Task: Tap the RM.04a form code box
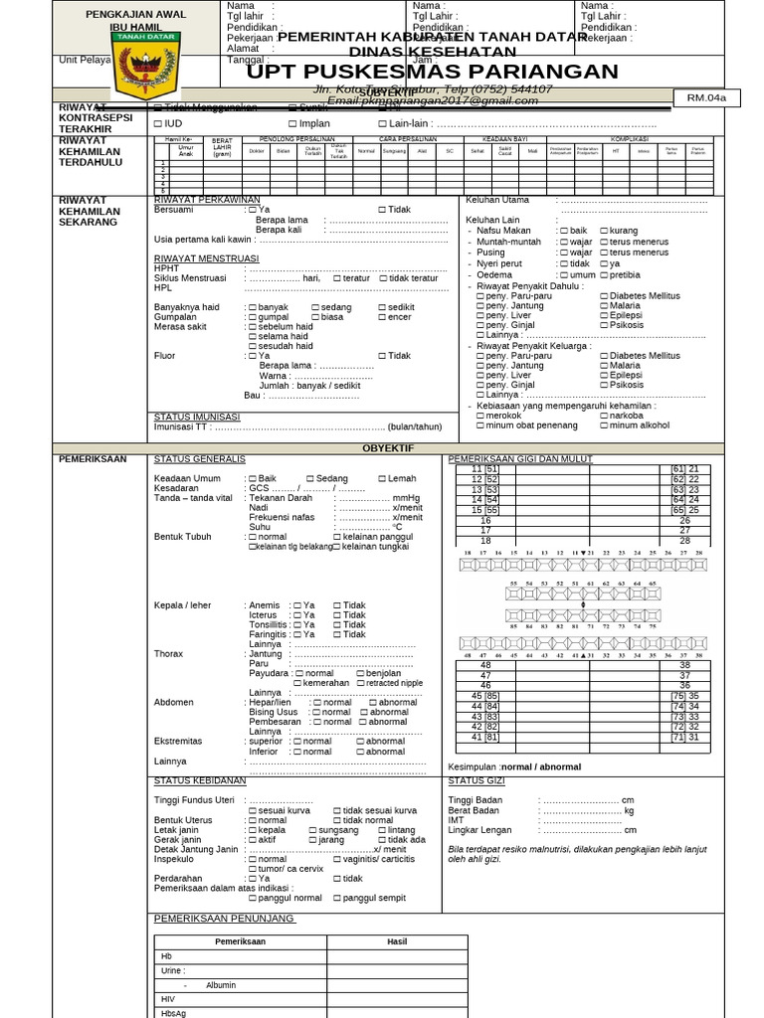(706, 97)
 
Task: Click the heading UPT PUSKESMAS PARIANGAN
(433, 72)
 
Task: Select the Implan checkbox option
(292, 123)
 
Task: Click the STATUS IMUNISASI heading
(197, 417)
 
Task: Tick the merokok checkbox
(480, 416)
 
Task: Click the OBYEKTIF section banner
(388, 448)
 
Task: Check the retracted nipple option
(360, 683)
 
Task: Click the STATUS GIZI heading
(477, 781)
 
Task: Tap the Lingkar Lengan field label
(480, 830)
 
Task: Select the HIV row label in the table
(168, 998)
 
